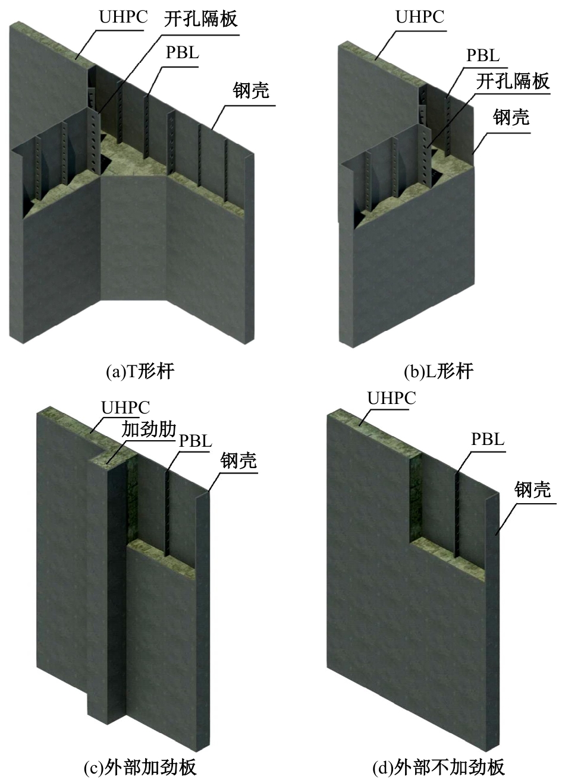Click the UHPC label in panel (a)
[x=124, y=17]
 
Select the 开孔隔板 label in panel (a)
[x=201, y=19]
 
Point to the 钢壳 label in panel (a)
[x=251, y=90]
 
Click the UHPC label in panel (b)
[x=420, y=17]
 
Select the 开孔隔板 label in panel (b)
[x=513, y=81]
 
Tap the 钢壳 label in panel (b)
[x=511, y=117]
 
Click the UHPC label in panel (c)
[x=125, y=408]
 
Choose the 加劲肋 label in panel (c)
[x=149, y=429]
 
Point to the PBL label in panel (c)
[x=196, y=441]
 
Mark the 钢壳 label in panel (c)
[x=238, y=460]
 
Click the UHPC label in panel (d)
[x=391, y=398]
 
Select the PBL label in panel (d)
[x=488, y=439]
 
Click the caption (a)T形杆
[x=140, y=371]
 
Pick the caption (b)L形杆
[x=438, y=371]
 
